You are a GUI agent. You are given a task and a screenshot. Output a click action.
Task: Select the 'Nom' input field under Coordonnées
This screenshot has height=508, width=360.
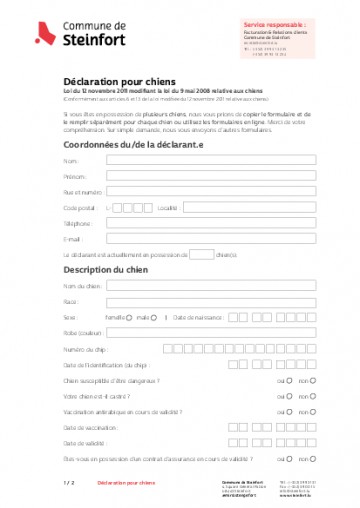[202, 160]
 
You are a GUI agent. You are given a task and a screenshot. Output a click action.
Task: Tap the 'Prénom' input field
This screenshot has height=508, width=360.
[202, 176]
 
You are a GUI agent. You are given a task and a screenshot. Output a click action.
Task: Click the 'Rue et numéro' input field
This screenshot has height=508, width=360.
[202, 192]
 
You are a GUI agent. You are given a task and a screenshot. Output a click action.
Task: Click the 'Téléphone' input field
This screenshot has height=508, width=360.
[202, 224]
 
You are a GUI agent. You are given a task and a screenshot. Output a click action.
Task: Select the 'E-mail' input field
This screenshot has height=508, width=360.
[202, 240]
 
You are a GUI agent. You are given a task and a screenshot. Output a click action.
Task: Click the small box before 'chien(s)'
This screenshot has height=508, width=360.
[201, 255]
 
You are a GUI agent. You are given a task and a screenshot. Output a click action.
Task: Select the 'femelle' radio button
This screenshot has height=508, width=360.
[129, 317]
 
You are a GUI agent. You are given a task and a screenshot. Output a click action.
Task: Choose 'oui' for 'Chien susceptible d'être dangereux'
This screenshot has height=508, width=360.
[289, 381]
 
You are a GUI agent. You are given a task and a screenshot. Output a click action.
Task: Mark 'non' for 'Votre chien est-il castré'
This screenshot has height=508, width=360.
[313, 396]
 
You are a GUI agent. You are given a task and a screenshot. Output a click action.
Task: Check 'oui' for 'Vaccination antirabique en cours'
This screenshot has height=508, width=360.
[289, 412]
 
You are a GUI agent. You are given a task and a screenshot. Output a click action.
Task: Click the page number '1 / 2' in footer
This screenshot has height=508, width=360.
[69, 482]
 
